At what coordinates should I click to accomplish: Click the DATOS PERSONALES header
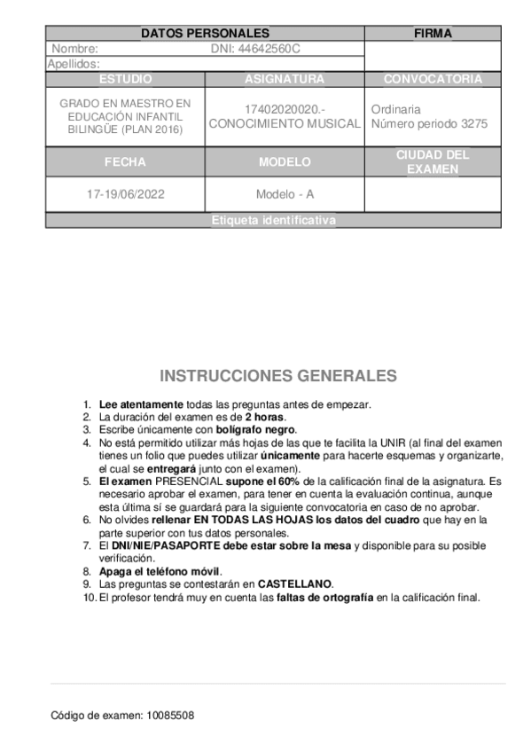coord(205,34)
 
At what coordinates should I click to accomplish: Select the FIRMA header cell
coord(433,34)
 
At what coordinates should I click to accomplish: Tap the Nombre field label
coord(75,49)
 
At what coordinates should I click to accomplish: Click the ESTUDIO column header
coord(125,79)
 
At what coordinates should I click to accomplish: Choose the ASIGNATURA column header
coord(285,79)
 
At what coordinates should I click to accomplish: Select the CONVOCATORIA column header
coord(433,79)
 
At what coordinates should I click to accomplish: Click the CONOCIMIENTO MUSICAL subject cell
coord(285,124)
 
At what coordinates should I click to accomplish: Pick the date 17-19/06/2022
coord(125,193)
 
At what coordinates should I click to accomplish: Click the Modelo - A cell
coord(285,193)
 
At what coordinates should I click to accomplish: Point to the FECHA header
coord(125,162)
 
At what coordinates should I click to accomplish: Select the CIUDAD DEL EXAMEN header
coord(433,162)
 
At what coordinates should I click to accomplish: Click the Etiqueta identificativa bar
coord(274,221)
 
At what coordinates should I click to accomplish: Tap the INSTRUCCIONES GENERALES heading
coord(277,376)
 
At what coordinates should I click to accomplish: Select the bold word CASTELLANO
coord(295,584)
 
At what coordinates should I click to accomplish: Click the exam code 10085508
coord(169,715)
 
